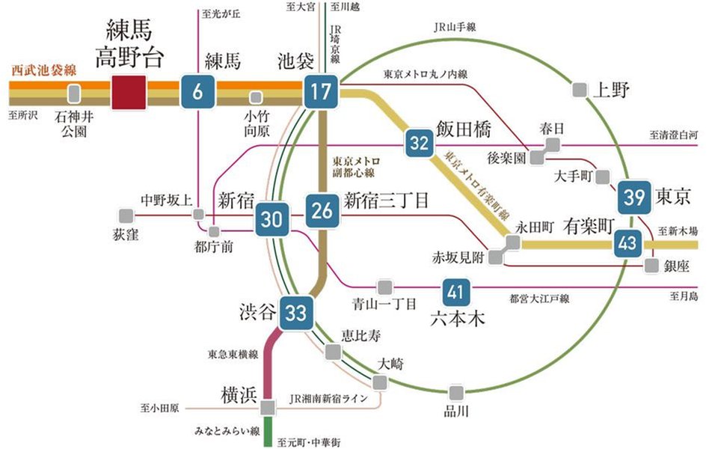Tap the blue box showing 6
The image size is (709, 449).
coord(197,94)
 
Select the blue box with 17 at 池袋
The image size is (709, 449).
coord(321,94)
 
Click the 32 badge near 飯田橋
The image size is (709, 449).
coord(420,144)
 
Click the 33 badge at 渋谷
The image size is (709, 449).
coord(297,314)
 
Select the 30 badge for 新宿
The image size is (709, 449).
coord(272,219)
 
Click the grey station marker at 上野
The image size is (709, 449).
coord(580,90)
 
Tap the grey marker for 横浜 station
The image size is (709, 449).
coord(269,406)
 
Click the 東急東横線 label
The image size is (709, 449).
coord(233,354)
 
